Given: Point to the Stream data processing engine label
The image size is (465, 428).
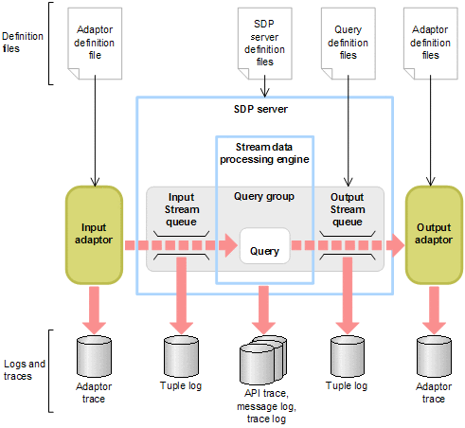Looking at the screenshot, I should (264, 152).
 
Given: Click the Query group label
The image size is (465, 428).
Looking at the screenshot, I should (264, 196).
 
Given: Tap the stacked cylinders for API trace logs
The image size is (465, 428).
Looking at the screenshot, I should (263, 361).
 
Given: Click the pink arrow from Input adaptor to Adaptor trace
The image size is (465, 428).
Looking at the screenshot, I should (95, 306).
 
